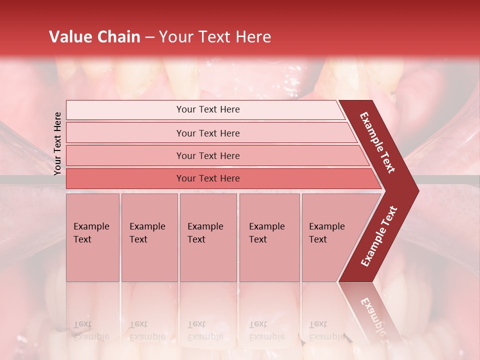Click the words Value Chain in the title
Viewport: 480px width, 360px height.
[x=94, y=37]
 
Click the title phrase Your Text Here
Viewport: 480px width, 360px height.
[x=215, y=37]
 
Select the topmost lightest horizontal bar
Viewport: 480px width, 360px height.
[x=208, y=109]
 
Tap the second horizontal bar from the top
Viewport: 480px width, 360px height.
[x=208, y=133]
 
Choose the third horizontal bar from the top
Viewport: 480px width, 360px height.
[x=208, y=155]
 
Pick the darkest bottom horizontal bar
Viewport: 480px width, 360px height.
[x=208, y=178]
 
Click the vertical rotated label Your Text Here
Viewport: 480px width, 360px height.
[x=57, y=143]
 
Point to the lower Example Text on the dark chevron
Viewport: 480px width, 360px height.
[x=379, y=236]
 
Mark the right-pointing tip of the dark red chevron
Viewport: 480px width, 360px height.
[x=417, y=190]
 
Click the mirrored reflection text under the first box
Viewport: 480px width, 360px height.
[x=91, y=330]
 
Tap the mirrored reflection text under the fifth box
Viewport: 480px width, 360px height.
[x=326, y=330]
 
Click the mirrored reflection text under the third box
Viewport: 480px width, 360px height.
[x=205, y=330]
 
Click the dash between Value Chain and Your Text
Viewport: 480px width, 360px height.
[x=149, y=37]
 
